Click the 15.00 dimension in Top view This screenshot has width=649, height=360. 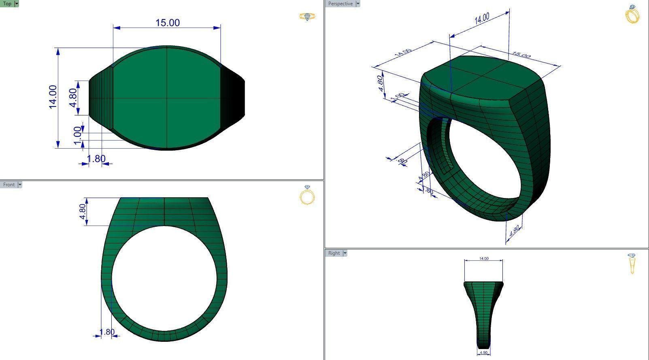[167, 23]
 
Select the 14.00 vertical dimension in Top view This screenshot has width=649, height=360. [53, 97]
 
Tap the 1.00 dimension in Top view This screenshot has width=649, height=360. [77, 133]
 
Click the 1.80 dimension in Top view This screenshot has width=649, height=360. [96, 159]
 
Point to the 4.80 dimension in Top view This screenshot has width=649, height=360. [73, 98]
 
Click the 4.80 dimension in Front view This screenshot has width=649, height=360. [82, 211]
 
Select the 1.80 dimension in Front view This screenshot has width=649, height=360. [107, 332]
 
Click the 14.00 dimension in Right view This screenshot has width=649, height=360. [483, 258]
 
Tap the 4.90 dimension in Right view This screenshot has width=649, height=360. [483, 353]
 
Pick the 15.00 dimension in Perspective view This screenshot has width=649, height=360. [521, 55]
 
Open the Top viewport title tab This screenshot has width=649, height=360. [7, 4]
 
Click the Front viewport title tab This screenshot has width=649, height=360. [9, 185]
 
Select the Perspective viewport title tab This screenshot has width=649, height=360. [340, 4]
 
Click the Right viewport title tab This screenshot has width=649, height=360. [334, 253]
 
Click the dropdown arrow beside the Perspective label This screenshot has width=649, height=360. [358, 4]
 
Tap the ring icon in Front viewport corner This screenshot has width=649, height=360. [307, 195]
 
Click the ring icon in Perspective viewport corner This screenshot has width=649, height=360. [632, 14]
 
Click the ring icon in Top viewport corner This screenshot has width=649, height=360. [307, 17]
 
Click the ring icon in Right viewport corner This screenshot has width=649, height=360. [632, 263]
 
